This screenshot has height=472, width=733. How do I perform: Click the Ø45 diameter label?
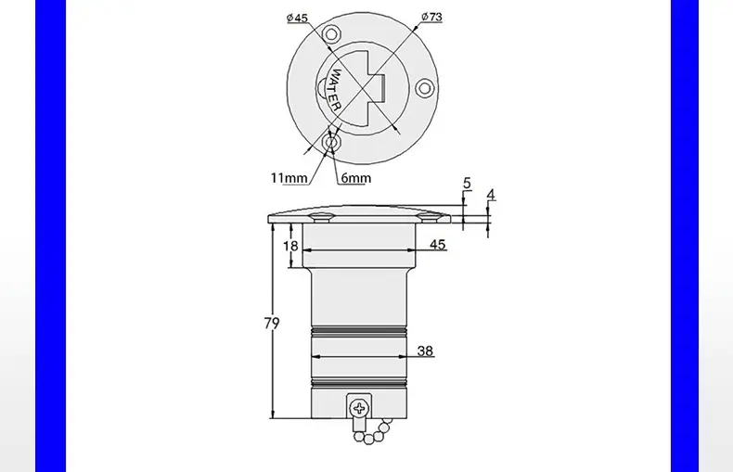pyautogui.click(x=297, y=18)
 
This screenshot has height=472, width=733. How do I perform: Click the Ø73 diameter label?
pyautogui.click(x=431, y=17)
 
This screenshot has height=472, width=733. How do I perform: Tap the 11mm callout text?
pyautogui.click(x=289, y=178)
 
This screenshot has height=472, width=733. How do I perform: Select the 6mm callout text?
pyautogui.click(x=356, y=178)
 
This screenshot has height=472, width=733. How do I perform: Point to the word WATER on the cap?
pyautogui.click(x=336, y=90)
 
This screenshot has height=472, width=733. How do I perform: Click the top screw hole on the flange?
pyautogui.click(x=331, y=34)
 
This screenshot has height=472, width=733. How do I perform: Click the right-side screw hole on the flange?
pyautogui.click(x=424, y=88)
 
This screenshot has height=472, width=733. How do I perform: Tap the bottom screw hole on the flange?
pyautogui.click(x=331, y=142)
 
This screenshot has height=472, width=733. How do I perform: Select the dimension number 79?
pyautogui.click(x=272, y=324)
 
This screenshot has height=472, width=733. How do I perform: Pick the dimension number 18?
pyautogui.click(x=290, y=246)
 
